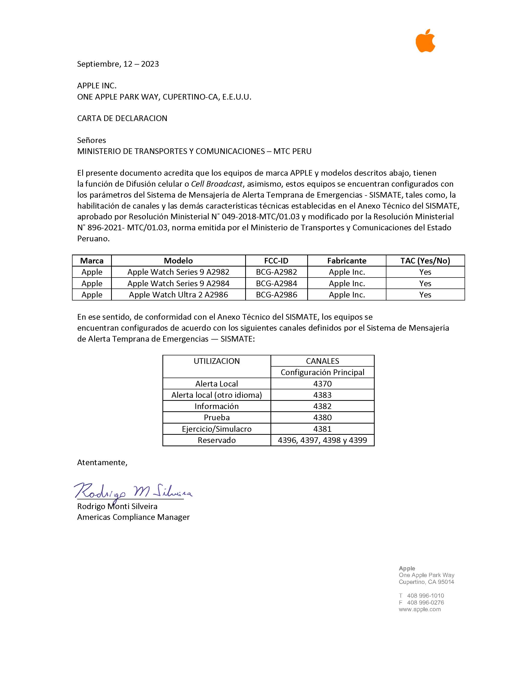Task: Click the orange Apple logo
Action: tap(425, 41)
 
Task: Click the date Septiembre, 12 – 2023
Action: tap(118, 64)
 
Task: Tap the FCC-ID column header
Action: tap(276, 261)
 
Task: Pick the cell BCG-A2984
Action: tap(276, 283)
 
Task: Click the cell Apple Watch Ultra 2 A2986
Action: tap(179, 295)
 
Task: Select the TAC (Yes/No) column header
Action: tap(425, 261)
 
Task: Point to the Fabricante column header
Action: tap(347, 261)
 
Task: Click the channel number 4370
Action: tap(322, 384)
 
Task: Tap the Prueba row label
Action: tap(217, 417)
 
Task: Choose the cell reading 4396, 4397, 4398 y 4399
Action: tap(322, 440)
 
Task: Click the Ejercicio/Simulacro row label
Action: tap(217, 429)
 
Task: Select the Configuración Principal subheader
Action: tap(322, 372)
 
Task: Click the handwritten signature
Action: tap(133, 491)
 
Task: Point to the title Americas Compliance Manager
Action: tap(133, 517)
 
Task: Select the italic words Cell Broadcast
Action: tap(217, 184)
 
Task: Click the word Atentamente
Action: tap(102, 462)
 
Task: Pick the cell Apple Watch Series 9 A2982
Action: tap(179, 272)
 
